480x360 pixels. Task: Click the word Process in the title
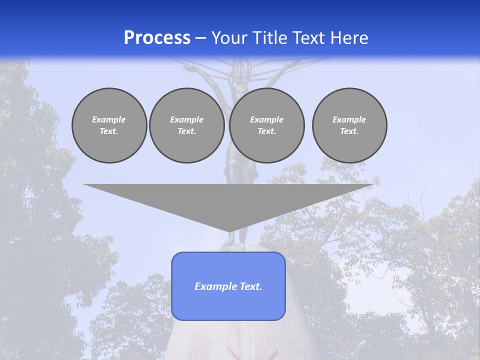click(157, 38)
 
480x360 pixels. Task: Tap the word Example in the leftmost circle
click(109, 119)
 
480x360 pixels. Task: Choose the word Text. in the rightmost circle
click(349, 131)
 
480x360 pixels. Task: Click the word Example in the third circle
click(266, 119)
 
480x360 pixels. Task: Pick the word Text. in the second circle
click(186, 131)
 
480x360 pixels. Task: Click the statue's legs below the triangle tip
click(230, 239)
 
